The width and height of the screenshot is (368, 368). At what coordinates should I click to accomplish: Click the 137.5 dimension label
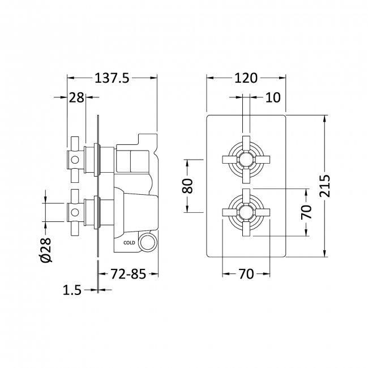coord(112,79)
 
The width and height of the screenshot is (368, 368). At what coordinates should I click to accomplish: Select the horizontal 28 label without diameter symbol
coord(76,97)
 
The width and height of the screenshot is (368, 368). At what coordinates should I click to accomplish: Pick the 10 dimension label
coord(272,97)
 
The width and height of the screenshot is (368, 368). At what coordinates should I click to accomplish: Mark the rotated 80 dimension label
coord(188,186)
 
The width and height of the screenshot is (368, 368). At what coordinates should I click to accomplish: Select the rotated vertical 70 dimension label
coord(306,212)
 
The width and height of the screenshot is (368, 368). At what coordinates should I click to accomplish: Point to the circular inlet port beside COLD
coord(148,243)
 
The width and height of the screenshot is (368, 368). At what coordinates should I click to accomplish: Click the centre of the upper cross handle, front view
coord(245,159)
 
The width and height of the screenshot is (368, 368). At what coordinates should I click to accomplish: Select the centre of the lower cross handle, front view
coord(245,212)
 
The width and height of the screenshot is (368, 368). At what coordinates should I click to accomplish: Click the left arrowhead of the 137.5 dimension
coord(70,79)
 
